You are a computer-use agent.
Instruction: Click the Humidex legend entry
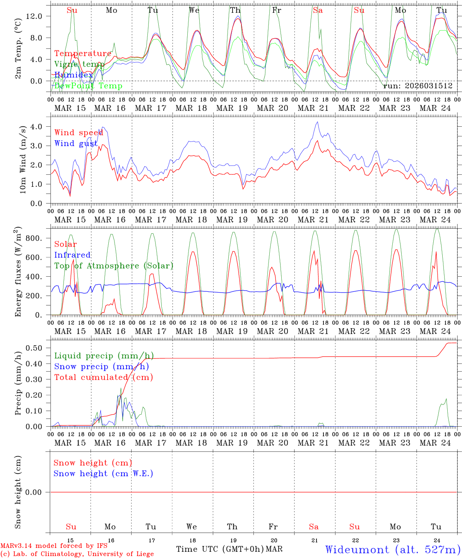[74, 75]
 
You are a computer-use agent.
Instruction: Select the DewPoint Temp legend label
[88, 86]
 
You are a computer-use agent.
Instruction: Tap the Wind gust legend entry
[76, 143]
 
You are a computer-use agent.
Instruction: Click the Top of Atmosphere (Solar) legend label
[114, 266]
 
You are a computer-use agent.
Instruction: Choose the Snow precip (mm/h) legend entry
[102, 367]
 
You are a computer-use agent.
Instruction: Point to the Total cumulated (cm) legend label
[104, 377]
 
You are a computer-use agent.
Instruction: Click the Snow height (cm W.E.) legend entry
[103, 474]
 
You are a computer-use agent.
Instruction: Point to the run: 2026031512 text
[418, 86]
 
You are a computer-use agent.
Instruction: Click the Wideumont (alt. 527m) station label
[392, 549]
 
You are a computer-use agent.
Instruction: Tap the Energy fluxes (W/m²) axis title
[18, 271]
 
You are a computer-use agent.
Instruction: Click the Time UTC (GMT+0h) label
[220, 549]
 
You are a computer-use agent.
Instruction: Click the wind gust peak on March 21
[317, 122]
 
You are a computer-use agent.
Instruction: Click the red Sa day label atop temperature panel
[318, 10]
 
